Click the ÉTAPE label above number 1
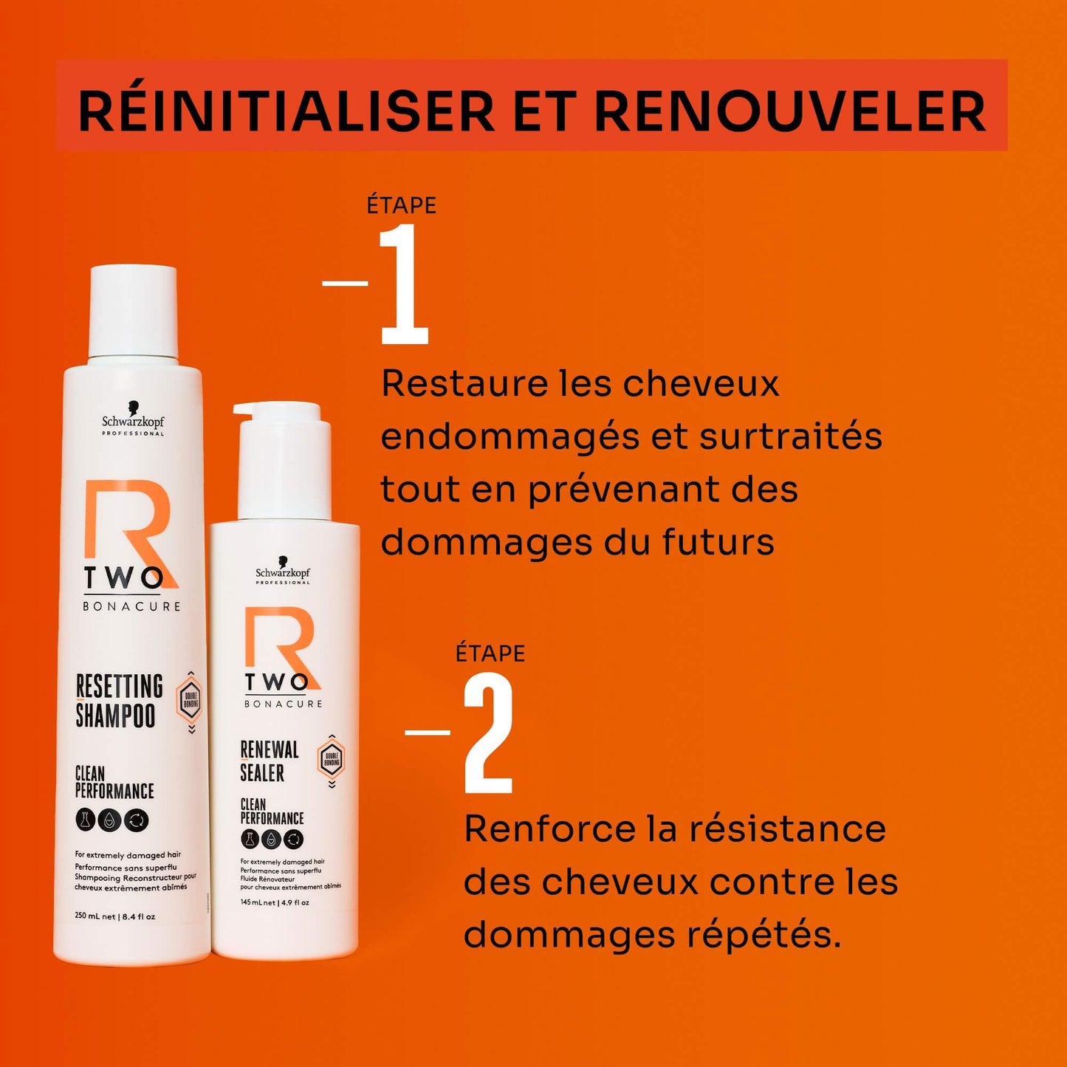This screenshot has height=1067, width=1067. [x=402, y=205]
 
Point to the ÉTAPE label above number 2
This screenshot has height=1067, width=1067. [x=490, y=653]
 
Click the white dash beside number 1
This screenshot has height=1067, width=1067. [x=346, y=283]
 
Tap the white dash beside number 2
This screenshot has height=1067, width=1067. [x=428, y=732]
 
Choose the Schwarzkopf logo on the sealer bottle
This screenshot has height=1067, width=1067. [x=283, y=573]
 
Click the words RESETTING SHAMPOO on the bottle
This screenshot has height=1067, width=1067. [x=118, y=700]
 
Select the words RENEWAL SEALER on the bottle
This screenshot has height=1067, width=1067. [x=269, y=761]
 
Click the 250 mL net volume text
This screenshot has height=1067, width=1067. [x=95, y=916]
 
